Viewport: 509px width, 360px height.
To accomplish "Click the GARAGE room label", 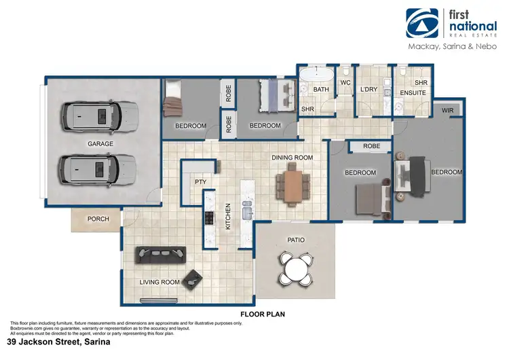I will pyautogui.click(x=100, y=144).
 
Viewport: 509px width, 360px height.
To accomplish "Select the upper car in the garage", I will pyautogui.click(x=100, y=116).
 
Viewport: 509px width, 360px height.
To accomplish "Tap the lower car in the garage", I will pyautogui.click(x=100, y=167).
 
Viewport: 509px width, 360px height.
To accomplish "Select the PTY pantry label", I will pyautogui.click(x=200, y=182).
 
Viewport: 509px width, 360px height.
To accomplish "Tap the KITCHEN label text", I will pyautogui.click(x=228, y=215).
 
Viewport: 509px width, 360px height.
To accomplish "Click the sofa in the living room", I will pyautogui.click(x=160, y=253).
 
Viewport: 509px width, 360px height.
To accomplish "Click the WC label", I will pyautogui.click(x=345, y=84).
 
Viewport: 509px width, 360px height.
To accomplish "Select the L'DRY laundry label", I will pyautogui.click(x=369, y=90).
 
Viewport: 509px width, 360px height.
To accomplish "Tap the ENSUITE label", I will pyautogui.click(x=412, y=90).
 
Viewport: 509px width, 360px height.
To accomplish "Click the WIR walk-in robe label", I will pyautogui.click(x=447, y=109).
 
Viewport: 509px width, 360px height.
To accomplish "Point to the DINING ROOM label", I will pyautogui.click(x=292, y=158).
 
